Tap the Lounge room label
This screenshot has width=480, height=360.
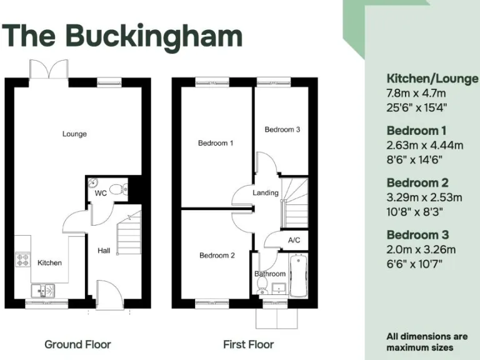[x=74, y=134]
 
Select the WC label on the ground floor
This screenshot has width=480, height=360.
[x=101, y=193]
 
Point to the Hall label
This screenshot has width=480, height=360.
[x=104, y=251]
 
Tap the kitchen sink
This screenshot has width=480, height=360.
[x=42, y=290]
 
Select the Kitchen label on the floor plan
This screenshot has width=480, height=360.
[x=49, y=262]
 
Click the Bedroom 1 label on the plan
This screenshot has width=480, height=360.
[x=216, y=143]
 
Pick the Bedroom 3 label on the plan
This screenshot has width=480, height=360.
[x=282, y=130]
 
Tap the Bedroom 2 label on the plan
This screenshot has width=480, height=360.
[x=217, y=255]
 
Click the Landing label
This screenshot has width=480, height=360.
[x=266, y=192]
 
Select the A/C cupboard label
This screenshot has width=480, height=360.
[x=294, y=240]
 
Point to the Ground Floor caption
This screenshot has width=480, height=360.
[x=77, y=344]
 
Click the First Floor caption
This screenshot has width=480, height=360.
[x=248, y=344]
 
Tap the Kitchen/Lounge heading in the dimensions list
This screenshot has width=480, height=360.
[x=432, y=79]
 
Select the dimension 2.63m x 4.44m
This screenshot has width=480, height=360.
[x=424, y=145]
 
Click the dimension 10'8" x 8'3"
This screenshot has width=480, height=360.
[x=416, y=211]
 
